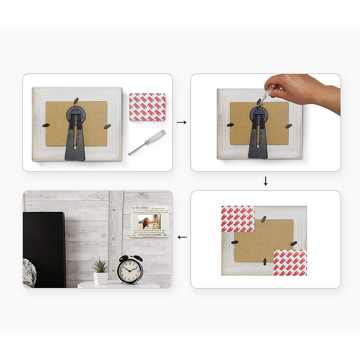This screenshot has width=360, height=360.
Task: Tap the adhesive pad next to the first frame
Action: pyautogui.click(x=147, y=107)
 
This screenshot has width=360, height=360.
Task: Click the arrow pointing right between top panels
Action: pyautogui.click(x=181, y=122)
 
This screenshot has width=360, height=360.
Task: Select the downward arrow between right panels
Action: pyautogui.click(x=265, y=181)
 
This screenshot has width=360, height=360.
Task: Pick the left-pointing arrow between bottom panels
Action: pyautogui.click(x=182, y=237)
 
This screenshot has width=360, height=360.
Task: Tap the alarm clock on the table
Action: pyautogui.click(x=130, y=269)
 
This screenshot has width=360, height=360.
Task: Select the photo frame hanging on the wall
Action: pyautogui.click(x=149, y=222)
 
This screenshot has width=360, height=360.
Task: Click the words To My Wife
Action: pyautogui.click(x=140, y=208)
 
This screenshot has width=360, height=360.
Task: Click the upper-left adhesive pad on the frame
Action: pyautogui.click(x=238, y=219)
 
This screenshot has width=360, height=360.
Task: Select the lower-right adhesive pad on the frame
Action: pyautogui.click(x=290, y=262)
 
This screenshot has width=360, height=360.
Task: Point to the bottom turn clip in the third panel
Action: pyautogui.click(x=265, y=262)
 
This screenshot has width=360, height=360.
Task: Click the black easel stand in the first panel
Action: pyautogui.click(x=75, y=135)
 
